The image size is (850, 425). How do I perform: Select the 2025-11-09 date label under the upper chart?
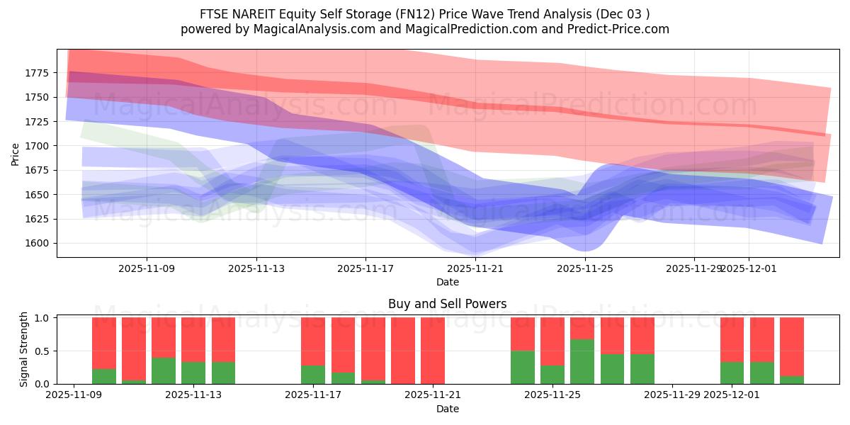tap(147, 268)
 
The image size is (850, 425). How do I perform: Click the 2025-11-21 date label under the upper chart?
tap(475, 268)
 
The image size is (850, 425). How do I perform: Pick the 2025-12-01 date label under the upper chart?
tap(749, 268)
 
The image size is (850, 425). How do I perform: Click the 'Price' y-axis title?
tap(16, 154)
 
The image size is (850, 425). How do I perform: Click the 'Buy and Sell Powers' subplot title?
tap(447, 304)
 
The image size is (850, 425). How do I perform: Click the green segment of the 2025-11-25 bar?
tap(582, 362)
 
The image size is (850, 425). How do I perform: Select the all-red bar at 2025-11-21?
tap(433, 351)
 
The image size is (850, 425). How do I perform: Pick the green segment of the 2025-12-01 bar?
tap(732, 373)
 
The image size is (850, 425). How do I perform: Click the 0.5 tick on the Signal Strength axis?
tap(41, 351)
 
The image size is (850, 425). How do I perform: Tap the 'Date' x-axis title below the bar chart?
tap(447, 409)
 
